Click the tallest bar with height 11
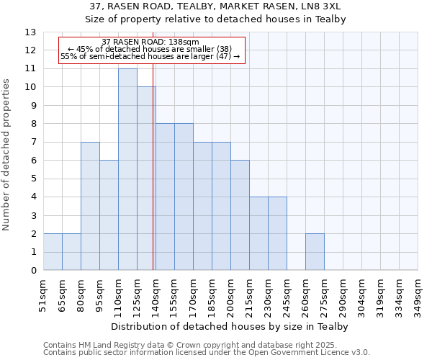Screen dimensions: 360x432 127,169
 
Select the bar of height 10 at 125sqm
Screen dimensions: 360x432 145,179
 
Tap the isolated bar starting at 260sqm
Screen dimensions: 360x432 315,252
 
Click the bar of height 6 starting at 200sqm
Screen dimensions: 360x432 240,215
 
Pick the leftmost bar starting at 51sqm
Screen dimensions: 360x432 53,252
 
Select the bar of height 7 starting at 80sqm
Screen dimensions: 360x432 90,206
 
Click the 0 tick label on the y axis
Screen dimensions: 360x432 33,271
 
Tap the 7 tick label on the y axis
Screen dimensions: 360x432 33,142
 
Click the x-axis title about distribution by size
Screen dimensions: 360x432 230,327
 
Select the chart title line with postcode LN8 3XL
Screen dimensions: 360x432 215,6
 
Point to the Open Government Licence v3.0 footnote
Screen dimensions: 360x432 207,353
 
